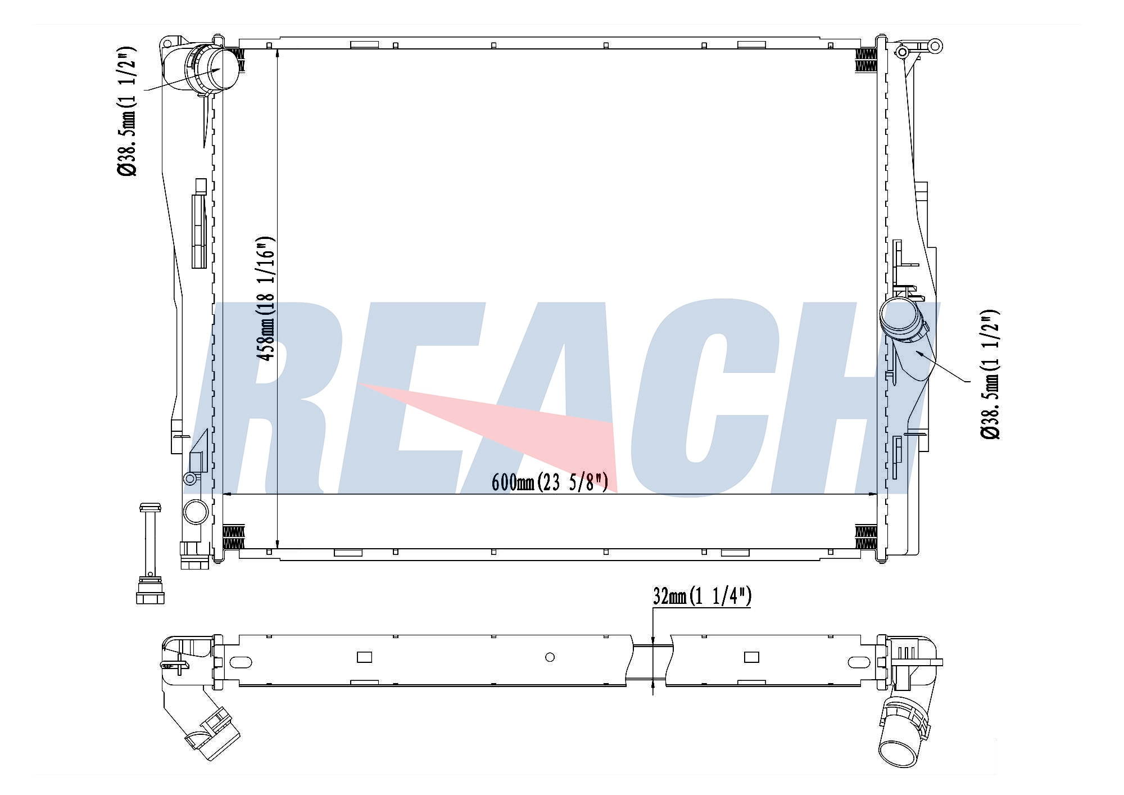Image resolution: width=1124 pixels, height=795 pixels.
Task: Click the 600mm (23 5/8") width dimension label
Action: [x=550, y=482]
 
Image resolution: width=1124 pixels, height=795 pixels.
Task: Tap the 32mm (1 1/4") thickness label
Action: [x=702, y=597]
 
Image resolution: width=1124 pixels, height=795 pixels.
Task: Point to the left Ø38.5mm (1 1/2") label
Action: [x=128, y=111]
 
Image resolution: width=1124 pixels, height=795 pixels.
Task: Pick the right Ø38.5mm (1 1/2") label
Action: [x=990, y=374]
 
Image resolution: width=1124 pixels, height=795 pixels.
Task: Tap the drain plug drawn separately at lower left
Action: [x=150, y=553]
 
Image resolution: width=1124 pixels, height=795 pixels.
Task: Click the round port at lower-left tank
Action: [x=196, y=512]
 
